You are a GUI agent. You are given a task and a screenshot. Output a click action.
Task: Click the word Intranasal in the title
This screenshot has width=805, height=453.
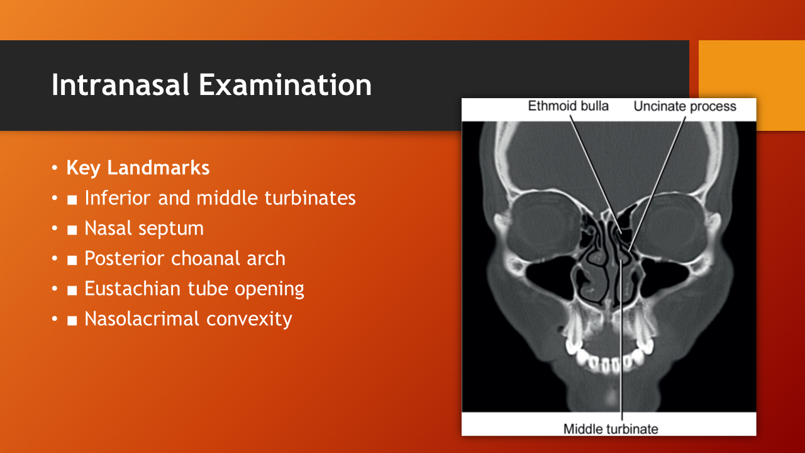click(120, 84)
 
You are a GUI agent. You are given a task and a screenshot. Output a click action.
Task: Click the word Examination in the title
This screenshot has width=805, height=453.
click(286, 84)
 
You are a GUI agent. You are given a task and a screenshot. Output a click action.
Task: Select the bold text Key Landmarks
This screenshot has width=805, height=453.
click(138, 168)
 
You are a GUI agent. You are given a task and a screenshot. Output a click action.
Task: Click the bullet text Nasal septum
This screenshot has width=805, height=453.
click(144, 228)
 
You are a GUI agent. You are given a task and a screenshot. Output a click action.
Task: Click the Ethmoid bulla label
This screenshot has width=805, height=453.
click(568, 106)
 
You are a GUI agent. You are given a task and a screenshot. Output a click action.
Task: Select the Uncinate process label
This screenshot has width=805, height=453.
click(685, 106)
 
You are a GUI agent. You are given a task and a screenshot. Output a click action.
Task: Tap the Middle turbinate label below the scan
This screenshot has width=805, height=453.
click(611, 429)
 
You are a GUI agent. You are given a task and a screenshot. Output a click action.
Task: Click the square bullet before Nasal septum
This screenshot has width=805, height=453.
click(72, 230)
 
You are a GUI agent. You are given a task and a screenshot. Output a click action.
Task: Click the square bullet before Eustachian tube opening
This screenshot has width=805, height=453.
click(72, 290)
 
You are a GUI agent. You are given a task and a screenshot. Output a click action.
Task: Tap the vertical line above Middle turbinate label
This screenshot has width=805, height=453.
click(621, 340)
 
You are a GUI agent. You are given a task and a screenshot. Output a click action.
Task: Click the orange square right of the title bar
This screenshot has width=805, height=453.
click(752, 86)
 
